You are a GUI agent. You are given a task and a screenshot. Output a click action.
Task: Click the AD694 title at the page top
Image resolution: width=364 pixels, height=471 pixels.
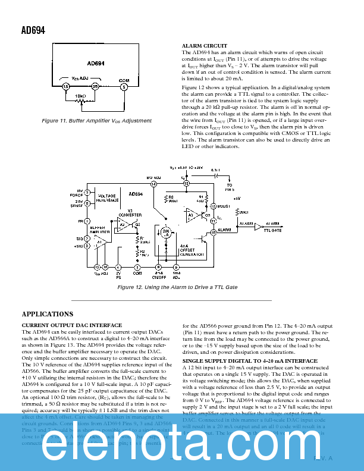pos(33,30)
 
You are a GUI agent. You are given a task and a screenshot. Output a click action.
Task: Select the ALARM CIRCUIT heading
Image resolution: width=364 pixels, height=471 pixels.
pos(204,46)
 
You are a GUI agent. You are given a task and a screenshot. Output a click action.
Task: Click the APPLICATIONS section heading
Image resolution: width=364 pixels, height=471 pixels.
pos(47,314)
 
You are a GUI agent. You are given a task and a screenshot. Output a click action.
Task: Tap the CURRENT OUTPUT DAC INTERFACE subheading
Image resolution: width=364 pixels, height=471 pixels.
pos(71,325)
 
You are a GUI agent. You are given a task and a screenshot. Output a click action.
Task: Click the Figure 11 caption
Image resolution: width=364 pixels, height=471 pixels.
pos(96,121)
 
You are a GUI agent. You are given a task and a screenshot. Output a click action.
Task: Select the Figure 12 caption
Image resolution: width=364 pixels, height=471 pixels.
pos(177,287)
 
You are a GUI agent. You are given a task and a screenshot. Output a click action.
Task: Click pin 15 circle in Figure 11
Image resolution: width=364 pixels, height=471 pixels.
pos(66,87)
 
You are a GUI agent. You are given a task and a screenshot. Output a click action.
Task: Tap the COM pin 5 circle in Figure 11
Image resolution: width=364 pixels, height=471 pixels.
pos(124,87)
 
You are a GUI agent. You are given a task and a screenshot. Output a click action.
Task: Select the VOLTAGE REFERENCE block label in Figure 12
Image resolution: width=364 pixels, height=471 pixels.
pos(106,198)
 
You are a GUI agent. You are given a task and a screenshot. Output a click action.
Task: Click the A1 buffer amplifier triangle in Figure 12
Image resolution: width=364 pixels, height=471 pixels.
pos(101,241)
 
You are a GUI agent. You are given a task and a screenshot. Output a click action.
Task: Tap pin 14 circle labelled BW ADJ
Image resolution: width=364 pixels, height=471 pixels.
pos(153,184)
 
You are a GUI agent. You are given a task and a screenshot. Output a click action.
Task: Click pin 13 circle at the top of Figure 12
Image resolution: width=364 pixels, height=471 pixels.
pos(186,184)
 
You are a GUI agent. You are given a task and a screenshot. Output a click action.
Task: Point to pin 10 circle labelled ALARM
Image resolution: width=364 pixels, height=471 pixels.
pos(213,229)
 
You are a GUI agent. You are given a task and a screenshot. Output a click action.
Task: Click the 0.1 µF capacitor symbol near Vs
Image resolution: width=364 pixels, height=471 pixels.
pos(218,176)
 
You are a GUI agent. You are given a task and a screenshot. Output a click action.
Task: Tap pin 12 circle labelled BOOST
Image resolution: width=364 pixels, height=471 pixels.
pos(213,206)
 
